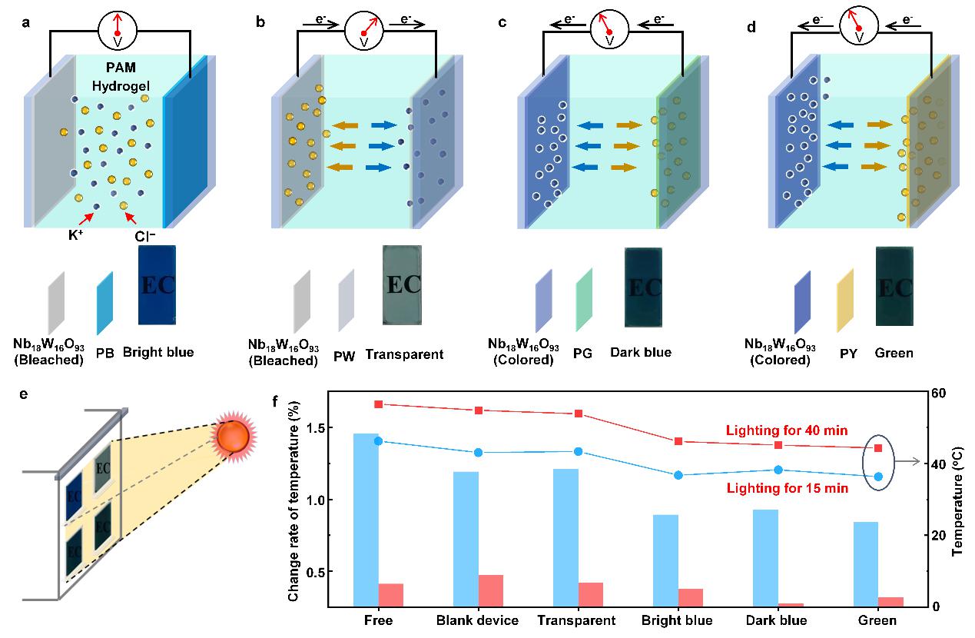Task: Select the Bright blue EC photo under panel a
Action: pyautogui.click(x=158, y=284)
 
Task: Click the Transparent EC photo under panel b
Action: pyautogui.click(x=402, y=284)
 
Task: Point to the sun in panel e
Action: pyautogui.click(x=232, y=436)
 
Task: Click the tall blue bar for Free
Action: pyautogui.click(x=366, y=520)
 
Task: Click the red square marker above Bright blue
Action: pyautogui.click(x=678, y=441)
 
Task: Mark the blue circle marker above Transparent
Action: pyautogui.click(x=579, y=452)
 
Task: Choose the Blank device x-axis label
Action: pyautogui.click(x=476, y=621)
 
